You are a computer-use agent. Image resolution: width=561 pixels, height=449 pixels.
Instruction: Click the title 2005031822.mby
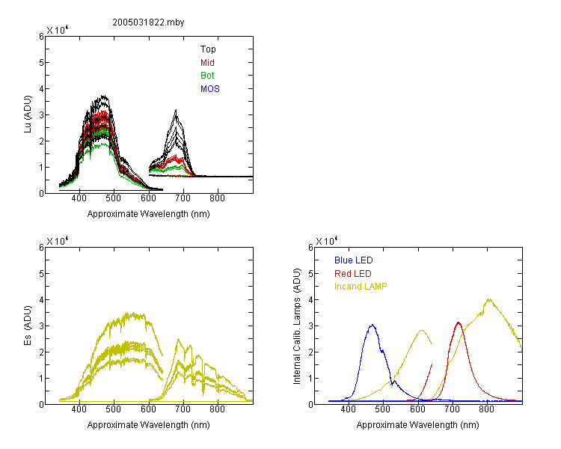[148, 22]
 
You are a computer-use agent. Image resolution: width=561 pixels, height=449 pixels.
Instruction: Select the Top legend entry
[208, 49]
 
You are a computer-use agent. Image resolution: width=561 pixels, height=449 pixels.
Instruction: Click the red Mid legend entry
[207, 63]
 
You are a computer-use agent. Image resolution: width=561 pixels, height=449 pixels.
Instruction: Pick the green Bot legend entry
[207, 76]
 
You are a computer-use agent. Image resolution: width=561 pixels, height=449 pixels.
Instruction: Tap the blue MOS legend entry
[210, 89]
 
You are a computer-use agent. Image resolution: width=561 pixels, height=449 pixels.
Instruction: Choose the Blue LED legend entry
[354, 260]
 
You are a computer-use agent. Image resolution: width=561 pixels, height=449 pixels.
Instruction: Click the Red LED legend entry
[353, 274]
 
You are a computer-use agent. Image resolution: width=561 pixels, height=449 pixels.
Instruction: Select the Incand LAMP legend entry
[361, 287]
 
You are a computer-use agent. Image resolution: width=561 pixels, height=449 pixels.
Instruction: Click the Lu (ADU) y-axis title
[28, 114]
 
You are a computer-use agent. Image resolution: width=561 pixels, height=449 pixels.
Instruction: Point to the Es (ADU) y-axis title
[28, 326]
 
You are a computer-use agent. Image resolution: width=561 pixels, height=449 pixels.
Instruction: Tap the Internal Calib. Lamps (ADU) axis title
[297, 326]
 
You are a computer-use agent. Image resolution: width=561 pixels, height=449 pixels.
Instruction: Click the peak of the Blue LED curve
[373, 325]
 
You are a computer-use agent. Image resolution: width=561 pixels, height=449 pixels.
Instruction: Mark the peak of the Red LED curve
[459, 323]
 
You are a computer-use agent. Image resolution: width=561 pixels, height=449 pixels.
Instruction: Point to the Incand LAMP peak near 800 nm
[488, 299]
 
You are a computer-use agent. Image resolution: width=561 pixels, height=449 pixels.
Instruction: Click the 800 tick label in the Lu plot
[217, 198]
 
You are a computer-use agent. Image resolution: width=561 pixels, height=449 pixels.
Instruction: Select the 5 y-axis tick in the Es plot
[41, 274]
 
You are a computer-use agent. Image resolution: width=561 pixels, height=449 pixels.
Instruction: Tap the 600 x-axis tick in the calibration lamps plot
[418, 409]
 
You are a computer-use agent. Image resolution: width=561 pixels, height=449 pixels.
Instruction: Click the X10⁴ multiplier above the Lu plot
[58, 30]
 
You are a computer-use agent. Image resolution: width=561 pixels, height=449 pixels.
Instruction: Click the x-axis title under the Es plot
[149, 425]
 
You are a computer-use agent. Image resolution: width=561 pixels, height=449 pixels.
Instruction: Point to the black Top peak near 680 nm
[176, 110]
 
